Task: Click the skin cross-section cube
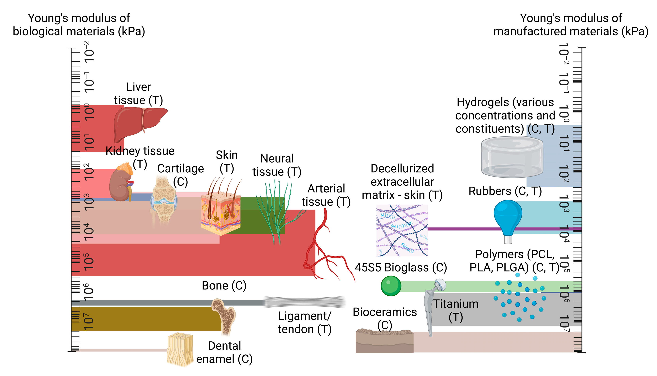click(221, 213)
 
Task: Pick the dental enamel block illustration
click(180, 350)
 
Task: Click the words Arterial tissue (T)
click(326, 195)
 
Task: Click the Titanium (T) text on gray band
click(456, 310)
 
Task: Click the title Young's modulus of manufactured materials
click(571, 25)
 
